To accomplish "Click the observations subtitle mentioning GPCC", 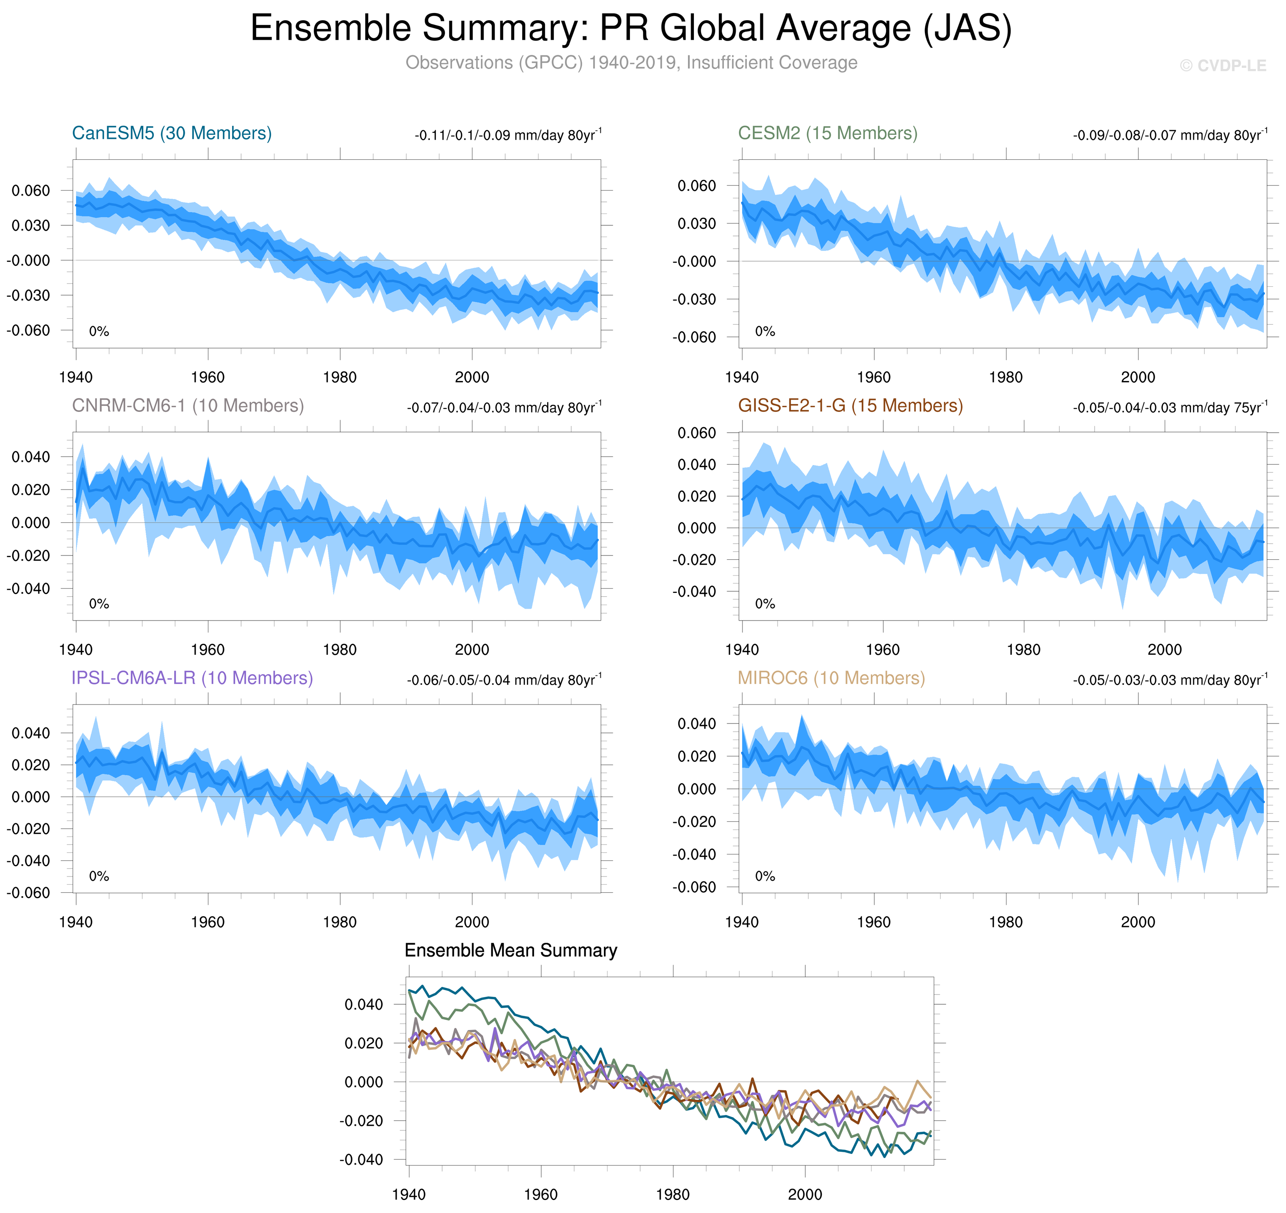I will click(x=631, y=63).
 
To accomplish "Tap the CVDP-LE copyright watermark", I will click(x=1222, y=66).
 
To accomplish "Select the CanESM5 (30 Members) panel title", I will click(x=171, y=133).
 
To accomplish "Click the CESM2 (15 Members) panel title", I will click(x=827, y=133).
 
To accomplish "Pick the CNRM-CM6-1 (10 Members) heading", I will click(x=187, y=406).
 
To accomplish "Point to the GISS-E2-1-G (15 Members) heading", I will click(x=850, y=406).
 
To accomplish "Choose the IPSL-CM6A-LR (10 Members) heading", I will click(x=192, y=678).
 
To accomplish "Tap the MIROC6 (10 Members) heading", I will click(x=831, y=678).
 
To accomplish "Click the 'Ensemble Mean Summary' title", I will click(x=510, y=951).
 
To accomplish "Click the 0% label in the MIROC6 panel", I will click(x=765, y=876).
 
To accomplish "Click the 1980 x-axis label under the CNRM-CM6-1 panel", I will click(x=339, y=650).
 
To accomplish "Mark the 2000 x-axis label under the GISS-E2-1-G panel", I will click(x=1164, y=650).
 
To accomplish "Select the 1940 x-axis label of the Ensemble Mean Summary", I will click(x=409, y=1194).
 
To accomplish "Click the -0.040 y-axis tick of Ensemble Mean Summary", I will click(x=360, y=1159).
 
